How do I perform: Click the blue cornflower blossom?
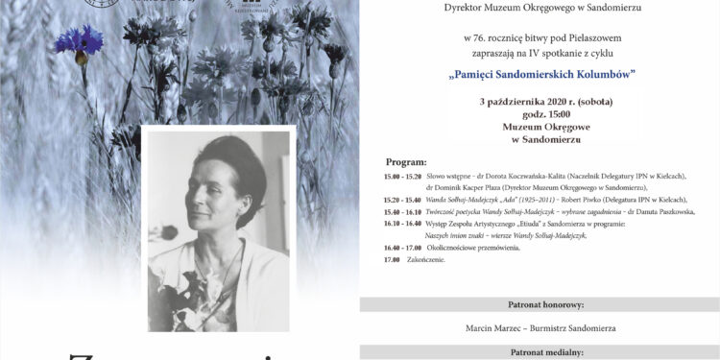79,40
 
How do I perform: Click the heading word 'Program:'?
406,162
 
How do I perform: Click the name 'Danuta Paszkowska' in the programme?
663,211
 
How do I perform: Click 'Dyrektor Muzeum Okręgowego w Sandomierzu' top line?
537,9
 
